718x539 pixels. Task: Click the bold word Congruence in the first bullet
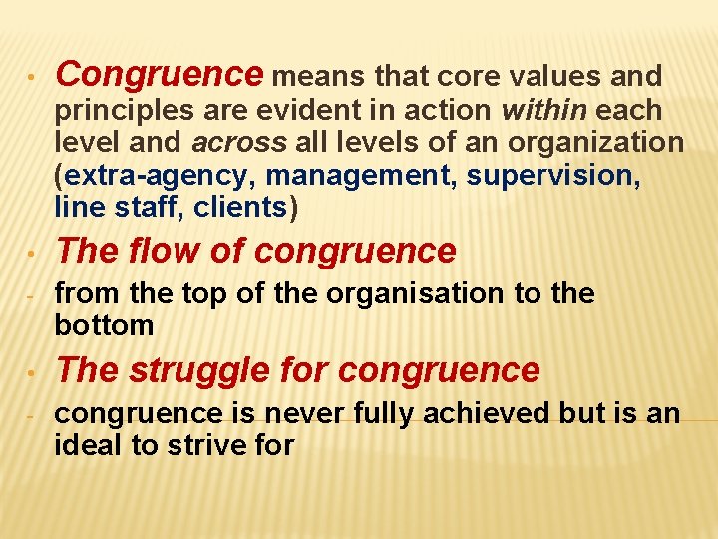(x=159, y=75)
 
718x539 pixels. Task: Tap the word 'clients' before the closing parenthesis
(x=240, y=207)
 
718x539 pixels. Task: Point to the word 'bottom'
(x=104, y=325)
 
